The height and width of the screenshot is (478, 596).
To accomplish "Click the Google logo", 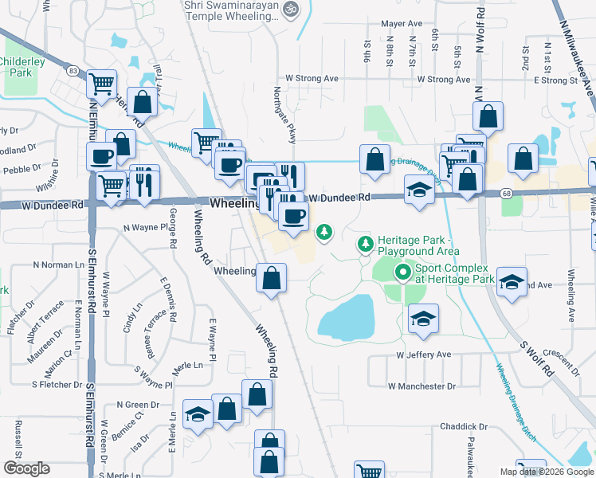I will pos(26,468).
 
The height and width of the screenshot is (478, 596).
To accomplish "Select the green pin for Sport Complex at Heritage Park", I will pos(402,274).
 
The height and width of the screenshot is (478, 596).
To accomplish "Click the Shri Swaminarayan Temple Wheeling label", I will pos(233,10).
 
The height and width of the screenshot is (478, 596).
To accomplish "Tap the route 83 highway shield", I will pos(73,71).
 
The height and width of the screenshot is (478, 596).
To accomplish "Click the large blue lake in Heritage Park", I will pos(347,316).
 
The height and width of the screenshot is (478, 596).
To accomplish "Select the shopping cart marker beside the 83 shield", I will pos(101,82).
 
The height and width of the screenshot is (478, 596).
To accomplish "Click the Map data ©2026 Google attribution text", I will pos(546,472).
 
